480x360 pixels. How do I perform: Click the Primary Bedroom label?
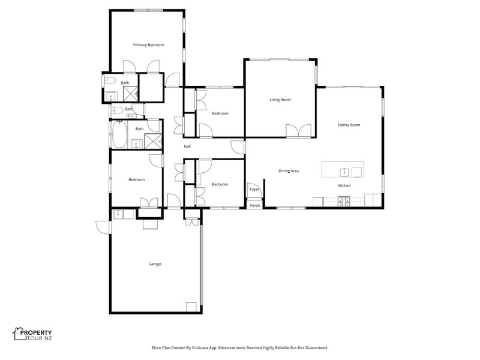(x=148, y=45)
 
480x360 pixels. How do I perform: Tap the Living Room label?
(x=280, y=100)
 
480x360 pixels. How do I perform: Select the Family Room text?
(x=349, y=125)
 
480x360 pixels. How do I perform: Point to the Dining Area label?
(x=289, y=171)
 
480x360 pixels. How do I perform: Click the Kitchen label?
(x=344, y=185)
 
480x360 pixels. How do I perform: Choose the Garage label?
(x=155, y=264)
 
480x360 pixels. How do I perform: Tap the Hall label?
(x=187, y=146)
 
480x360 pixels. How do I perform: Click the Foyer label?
(x=254, y=189)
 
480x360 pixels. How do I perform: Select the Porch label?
(x=254, y=206)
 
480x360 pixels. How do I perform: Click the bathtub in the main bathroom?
(x=119, y=134)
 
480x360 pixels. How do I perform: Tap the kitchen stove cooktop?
(x=344, y=202)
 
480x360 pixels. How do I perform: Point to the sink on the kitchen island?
(x=344, y=172)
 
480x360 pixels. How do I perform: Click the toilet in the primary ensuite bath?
(x=110, y=80)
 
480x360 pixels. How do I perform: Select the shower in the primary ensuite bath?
(x=131, y=94)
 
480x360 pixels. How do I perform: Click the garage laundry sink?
(x=118, y=214)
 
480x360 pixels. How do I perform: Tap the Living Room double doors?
(x=299, y=131)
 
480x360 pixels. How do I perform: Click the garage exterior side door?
(x=103, y=227)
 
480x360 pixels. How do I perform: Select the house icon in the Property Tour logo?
(x=20, y=334)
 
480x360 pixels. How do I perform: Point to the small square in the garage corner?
(x=191, y=307)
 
